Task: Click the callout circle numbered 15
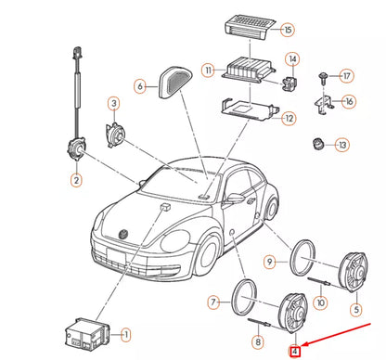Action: coord(288,30)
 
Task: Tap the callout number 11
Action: coord(209,70)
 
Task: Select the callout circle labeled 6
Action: coord(141,86)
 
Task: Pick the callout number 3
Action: coord(113,103)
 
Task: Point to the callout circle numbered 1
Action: coord(126,333)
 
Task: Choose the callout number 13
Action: coord(342,145)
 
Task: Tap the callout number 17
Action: coord(347,75)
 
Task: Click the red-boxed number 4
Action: coord(295,352)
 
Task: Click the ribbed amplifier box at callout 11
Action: coord(243,72)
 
